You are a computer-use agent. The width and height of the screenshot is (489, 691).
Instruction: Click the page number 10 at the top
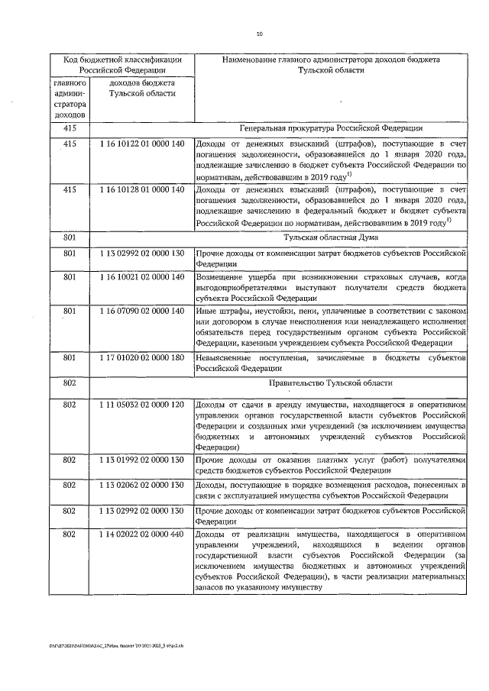259,33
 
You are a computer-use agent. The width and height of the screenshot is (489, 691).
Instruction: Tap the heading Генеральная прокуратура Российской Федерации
331,128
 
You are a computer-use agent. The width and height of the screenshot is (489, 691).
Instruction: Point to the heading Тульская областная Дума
331,237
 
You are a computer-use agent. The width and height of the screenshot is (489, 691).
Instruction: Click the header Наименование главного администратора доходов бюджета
331,59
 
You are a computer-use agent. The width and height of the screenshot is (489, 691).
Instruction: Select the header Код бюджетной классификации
122,59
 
